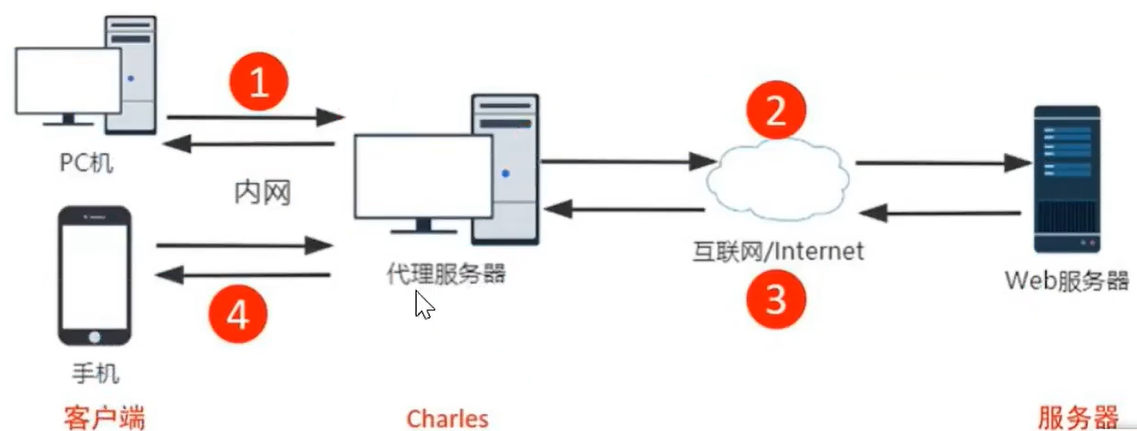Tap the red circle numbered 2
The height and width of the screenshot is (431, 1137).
pos(775,112)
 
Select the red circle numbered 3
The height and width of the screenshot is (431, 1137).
pos(775,300)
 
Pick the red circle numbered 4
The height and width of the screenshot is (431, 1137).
pos(237,316)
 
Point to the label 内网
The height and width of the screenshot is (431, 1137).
pos(261,192)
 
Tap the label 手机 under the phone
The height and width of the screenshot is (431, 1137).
pos(94,372)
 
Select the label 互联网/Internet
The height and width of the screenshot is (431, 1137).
pos(776,252)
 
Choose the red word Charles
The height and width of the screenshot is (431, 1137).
pos(447,418)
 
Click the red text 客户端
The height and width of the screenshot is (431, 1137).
pos(104,418)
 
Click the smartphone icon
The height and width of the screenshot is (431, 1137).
pos(94,275)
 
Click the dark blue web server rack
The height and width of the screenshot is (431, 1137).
pos(1066,179)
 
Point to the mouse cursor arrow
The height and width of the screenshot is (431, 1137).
pos(422,304)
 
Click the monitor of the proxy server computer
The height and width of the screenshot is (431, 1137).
pos(422,176)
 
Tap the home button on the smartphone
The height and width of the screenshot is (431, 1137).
pos(94,337)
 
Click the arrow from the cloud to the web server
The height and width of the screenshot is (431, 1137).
pos(942,164)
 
